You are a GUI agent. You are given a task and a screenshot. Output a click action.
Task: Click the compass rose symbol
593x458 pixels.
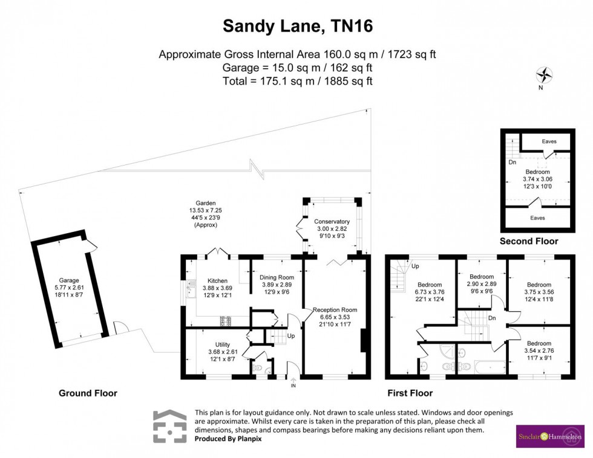[x=545, y=76]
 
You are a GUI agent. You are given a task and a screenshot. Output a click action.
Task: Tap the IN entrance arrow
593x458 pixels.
[x=293, y=382]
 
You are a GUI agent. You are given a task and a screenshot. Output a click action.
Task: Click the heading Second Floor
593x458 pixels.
[x=529, y=241]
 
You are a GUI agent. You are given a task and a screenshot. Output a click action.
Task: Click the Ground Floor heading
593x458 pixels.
[x=88, y=393]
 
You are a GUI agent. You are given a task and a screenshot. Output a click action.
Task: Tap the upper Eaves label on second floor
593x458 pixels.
[x=549, y=141]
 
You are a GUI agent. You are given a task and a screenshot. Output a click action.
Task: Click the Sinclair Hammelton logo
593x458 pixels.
[x=550, y=436]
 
